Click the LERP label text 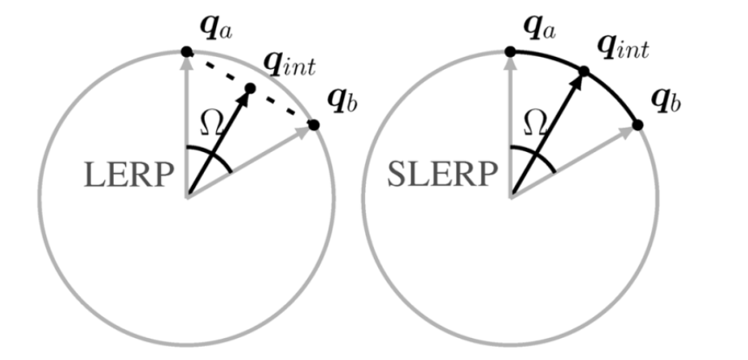point(128,174)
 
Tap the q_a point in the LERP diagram point(186,52)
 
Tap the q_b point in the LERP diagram point(314,125)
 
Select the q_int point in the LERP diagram point(250,88)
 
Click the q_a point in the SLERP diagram point(510,52)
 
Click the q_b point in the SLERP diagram point(637,124)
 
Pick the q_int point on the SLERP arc point(583,72)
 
